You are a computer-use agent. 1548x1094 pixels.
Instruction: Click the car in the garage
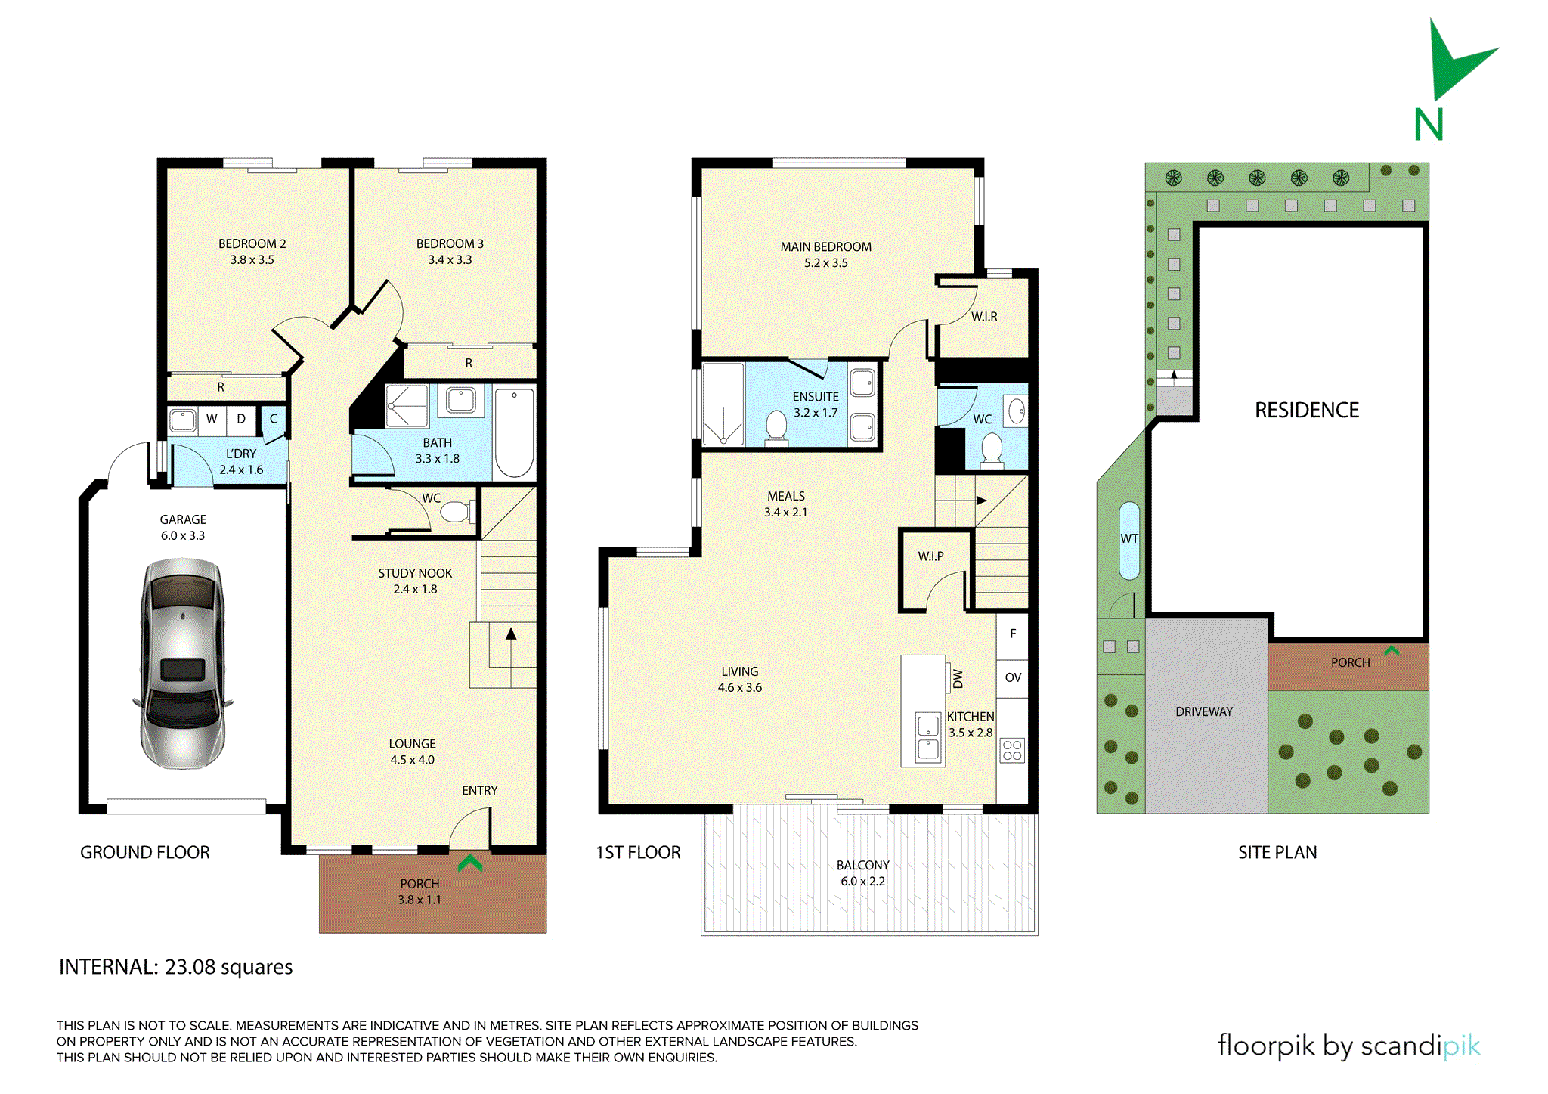pyautogui.click(x=182, y=664)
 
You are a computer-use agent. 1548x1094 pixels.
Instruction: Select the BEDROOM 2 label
pyautogui.click(x=252, y=244)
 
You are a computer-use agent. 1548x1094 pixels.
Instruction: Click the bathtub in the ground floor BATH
pyautogui.click(x=514, y=432)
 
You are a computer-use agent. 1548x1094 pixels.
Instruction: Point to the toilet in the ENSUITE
pyautogui.click(x=776, y=425)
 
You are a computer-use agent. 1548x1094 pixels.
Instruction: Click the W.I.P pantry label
pyautogui.click(x=930, y=556)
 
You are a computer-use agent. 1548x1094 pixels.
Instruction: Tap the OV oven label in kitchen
pyautogui.click(x=1013, y=677)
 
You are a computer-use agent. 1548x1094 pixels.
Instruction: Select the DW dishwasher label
pyautogui.click(x=958, y=678)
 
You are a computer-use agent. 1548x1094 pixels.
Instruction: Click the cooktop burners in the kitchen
pyautogui.click(x=1012, y=750)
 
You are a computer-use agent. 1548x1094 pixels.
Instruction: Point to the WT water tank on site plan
pyautogui.click(x=1129, y=539)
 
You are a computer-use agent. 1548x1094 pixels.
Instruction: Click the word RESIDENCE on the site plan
pyautogui.click(x=1307, y=411)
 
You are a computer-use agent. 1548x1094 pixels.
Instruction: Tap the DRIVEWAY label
pyautogui.click(x=1204, y=711)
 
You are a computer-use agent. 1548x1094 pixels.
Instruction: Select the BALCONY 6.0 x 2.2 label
pyautogui.click(x=862, y=872)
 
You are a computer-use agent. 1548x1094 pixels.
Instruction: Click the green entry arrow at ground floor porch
pyautogui.click(x=469, y=862)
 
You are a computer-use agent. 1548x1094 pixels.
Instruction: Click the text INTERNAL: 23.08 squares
pyautogui.click(x=176, y=967)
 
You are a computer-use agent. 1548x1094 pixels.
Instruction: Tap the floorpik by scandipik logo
pyautogui.click(x=1348, y=1046)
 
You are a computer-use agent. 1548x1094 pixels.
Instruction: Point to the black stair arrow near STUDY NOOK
pyautogui.click(x=511, y=635)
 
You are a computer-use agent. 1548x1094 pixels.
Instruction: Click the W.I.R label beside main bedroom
pyautogui.click(x=984, y=317)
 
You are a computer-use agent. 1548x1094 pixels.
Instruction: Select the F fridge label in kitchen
pyautogui.click(x=1013, y=634)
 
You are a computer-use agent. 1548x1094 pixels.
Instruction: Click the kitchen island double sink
pyautogui.click(x=928, y=738)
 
